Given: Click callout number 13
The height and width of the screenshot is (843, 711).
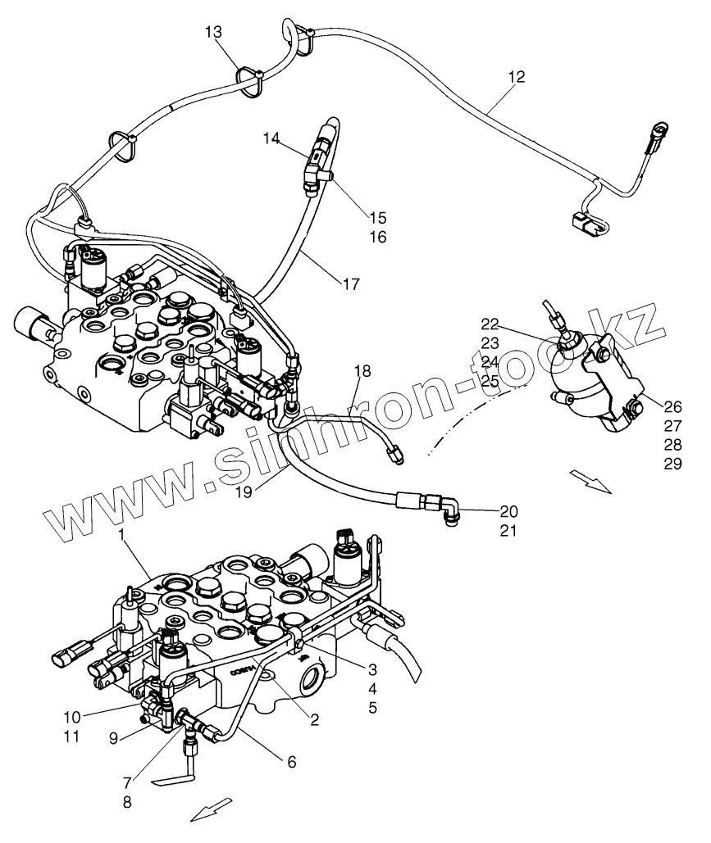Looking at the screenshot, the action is tap(213, 32).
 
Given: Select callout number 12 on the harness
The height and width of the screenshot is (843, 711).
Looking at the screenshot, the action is tap(516, 77).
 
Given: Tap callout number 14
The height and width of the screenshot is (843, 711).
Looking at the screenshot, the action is tap(271, 138).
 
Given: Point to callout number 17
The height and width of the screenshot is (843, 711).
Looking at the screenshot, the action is tap(351, 283).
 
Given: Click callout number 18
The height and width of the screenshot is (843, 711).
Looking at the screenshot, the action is tap(362, 371).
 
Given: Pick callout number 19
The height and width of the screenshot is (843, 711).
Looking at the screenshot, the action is tap(244, 492).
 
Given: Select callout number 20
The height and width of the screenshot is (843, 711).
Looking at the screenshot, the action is tap(508, 511).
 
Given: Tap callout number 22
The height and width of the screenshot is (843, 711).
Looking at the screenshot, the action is tap(490, 324).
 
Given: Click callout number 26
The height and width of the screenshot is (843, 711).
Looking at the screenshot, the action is tap(672, 406).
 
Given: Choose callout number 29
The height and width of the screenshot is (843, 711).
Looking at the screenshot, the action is tap(672, 464).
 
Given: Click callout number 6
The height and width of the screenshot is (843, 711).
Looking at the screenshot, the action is tap(292, 762).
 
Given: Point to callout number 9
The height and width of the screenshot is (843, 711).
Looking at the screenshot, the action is tap(113, 739).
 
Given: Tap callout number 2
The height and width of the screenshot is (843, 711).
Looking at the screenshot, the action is tap(314, 720).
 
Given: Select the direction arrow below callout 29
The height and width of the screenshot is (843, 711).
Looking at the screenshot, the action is tap(590, 481).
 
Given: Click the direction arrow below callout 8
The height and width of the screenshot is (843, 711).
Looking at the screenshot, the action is tap(212, 809).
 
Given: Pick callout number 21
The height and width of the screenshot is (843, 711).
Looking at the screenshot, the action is tap(508, 531).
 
